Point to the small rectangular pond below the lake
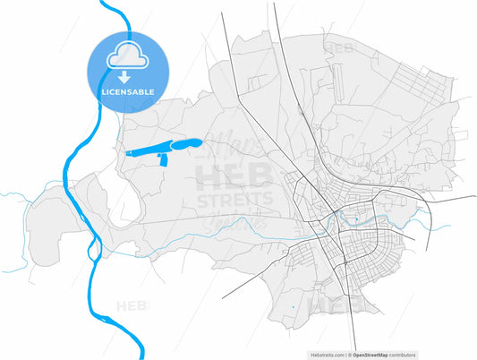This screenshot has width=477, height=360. click(162, 159)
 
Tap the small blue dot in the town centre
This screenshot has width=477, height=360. click(355, 218)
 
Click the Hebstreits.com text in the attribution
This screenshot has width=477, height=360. click(328, 354)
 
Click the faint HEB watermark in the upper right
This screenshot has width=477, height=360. click(340, 47)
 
